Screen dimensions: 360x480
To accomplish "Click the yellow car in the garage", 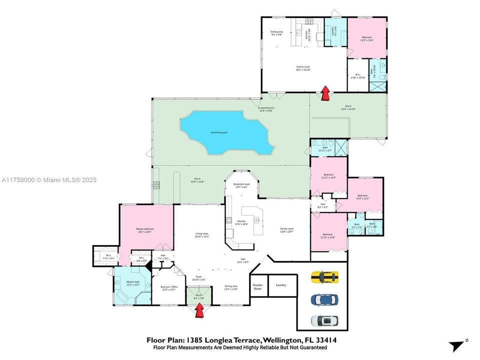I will [324, 277].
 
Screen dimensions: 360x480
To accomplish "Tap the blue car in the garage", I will [324, 299].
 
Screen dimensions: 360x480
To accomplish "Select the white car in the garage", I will [324, 320].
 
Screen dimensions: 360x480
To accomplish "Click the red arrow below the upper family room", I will [325, 93].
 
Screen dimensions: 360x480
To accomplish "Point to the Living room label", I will [201, 234].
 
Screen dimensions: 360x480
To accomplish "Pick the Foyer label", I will [198, 278].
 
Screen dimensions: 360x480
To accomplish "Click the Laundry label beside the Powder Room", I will [280, 285].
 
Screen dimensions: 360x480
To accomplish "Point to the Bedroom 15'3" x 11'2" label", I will [362, 196].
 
